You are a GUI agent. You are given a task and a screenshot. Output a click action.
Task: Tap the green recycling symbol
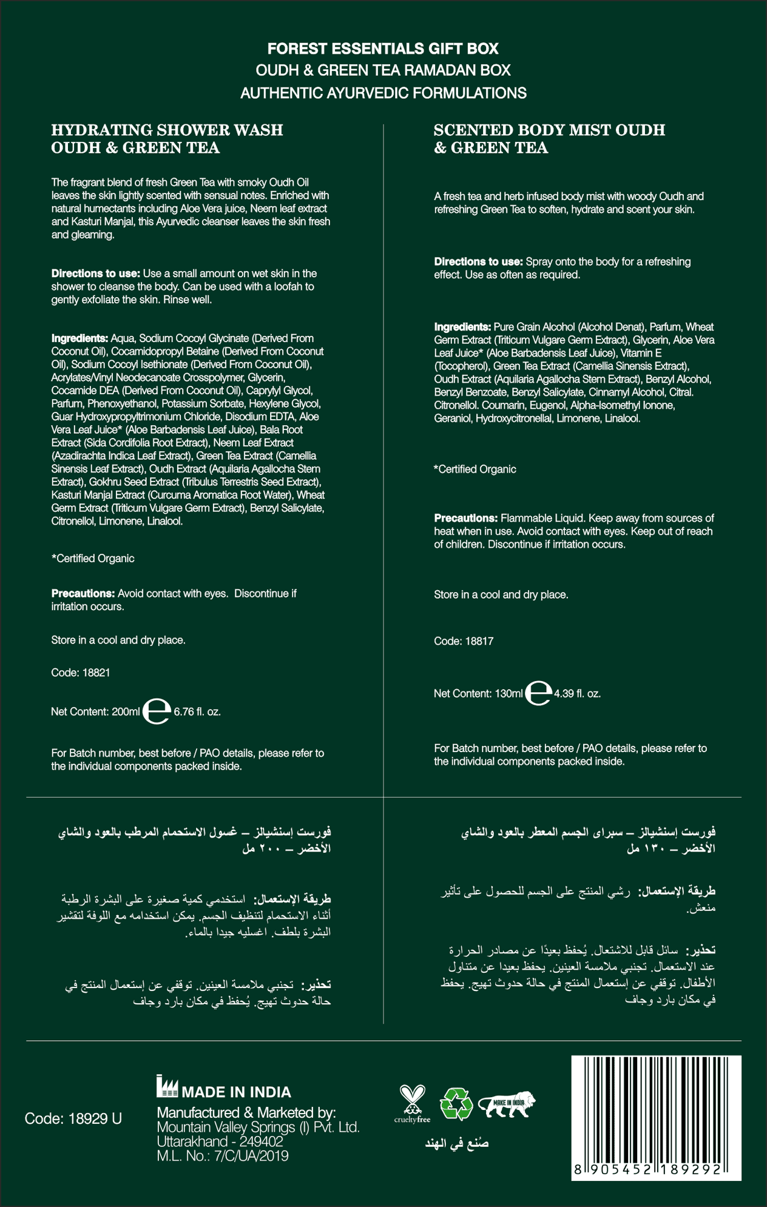(x=456, y=1103)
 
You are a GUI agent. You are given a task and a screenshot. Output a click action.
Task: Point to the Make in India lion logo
(x=506, y=1104)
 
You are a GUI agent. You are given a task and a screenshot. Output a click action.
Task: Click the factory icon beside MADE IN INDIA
(x=167, y=1087)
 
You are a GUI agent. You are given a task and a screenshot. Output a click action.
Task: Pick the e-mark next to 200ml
(x=157, y=711)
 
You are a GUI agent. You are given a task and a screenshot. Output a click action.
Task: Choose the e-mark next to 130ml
(x=538, y=693)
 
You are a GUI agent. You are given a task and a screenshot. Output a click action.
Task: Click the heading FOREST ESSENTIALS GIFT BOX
(x=383, y=49)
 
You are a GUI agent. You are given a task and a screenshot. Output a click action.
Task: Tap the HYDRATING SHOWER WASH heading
(x=167, y=130)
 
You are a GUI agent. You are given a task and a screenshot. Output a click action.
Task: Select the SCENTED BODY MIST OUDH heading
(x=549, y=130)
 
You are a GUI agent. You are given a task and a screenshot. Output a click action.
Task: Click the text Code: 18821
(x=81, y=673)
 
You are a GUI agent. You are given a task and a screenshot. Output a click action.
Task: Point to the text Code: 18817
(x=464, y=641)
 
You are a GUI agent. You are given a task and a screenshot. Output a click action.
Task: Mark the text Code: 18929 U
(x=73, y=1118)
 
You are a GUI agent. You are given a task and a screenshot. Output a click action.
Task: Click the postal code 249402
(x=261, y=1141)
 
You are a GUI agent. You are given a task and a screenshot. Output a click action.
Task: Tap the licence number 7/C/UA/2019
(x=251, y=1156)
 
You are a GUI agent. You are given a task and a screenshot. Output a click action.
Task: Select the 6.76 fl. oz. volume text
(x=197, y=711)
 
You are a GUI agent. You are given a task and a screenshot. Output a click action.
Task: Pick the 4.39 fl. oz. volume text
(x=577, y=693)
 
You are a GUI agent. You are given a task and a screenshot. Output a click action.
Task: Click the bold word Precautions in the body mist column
(x=465, y=518)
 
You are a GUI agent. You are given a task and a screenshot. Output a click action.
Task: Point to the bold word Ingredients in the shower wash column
(x=79, y=338)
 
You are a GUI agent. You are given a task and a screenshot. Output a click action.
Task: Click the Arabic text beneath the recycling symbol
(x=456, y=1143)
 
